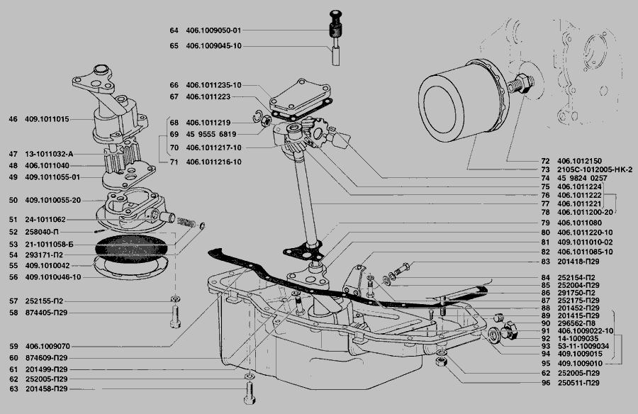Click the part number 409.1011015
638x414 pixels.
(48, 119)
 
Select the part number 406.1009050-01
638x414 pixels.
(213, 30)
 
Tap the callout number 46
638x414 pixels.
(12, 119)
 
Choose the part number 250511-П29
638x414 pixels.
(578, 383)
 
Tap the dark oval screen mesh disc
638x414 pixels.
(131, 249)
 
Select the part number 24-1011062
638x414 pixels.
(47, 220)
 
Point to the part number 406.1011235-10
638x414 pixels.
(213, 85)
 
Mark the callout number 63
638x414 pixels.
(12, 389)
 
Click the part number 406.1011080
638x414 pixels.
(579, 223)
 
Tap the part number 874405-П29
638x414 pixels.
(47, 313)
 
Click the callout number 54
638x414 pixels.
(12, 254)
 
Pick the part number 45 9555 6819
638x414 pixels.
(213, 134)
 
